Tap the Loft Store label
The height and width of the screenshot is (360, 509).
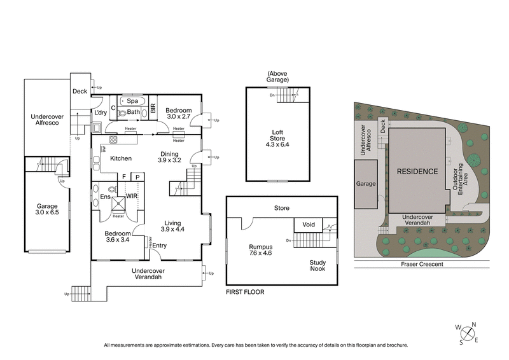(x=277, y=138)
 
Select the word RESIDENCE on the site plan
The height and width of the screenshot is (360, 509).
(x=417, y=172)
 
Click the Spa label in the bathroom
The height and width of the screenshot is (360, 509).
(x=133, y=101)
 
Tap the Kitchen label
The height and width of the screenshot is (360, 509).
(x=120, y=158)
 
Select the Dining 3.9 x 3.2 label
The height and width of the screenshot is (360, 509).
(x=169, y=157)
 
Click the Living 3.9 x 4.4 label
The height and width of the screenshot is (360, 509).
(x=172, y=225)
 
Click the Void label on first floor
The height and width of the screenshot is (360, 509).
(x=309, y=225)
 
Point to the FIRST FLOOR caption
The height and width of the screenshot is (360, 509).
(x=244, y=292)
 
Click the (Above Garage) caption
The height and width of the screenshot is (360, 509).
(x=278, y=78)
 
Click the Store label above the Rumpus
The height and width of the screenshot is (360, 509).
(x=281, y=207)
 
